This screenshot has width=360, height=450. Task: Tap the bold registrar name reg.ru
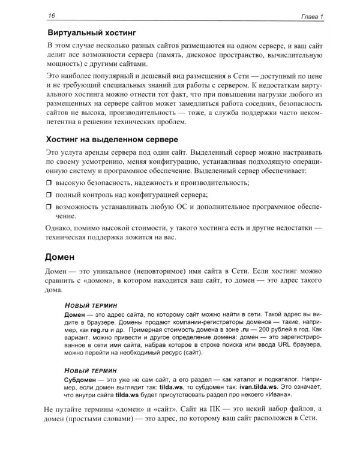pos(102,331)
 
